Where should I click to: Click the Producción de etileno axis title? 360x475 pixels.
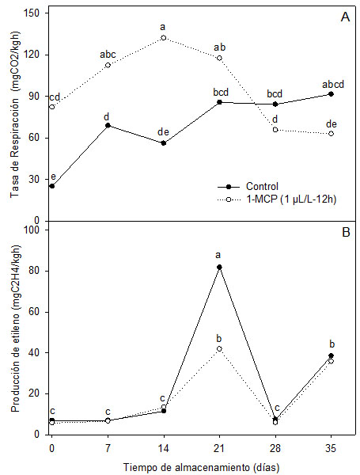[x=13, y=332]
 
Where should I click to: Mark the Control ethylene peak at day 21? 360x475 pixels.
[x=219, y=267]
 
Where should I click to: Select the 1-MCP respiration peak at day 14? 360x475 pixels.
[x=163, y=37]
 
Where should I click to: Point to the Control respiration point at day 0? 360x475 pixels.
[x=51, y=186]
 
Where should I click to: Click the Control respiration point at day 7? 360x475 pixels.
[x=108, y=125]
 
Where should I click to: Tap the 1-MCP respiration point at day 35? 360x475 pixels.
[x=331, y=133]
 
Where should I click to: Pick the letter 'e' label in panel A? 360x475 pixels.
[x=51, y=177]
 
